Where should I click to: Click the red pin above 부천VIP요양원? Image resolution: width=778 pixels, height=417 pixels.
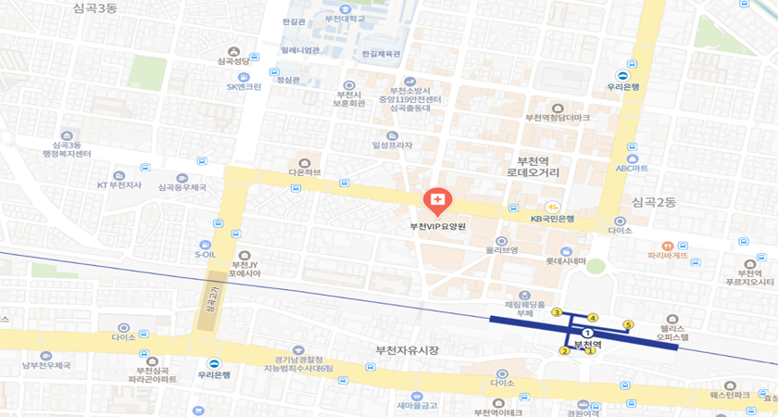click(437, 199)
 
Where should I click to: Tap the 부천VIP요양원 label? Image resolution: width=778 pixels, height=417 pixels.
click(437, 226)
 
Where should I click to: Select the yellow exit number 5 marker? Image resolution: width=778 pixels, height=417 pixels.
click(628, 324)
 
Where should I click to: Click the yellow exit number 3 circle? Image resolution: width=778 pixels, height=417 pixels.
click(557, 312)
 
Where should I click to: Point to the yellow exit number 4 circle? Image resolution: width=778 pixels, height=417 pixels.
click(593, 319)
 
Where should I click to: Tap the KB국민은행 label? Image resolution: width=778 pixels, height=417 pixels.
click(552, 219)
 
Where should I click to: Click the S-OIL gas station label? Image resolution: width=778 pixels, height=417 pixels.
click(205, 254)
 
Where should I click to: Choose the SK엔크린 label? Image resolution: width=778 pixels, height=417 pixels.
click(245, 87)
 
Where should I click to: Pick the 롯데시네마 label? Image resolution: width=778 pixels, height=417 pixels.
click(566, 261)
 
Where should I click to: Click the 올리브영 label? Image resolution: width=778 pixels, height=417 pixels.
click(501, 250)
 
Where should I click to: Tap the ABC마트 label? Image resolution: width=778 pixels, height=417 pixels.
click(632, 169)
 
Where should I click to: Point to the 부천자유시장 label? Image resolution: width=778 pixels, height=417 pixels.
click(407, 349)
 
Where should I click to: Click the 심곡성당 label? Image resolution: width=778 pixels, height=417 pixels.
click(233, 61)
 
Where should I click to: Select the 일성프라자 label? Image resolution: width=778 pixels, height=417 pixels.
click(392, 145)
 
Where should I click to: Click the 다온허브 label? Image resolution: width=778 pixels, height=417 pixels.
click(305, 172)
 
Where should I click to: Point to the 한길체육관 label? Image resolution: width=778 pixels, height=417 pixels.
click(381, 54)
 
